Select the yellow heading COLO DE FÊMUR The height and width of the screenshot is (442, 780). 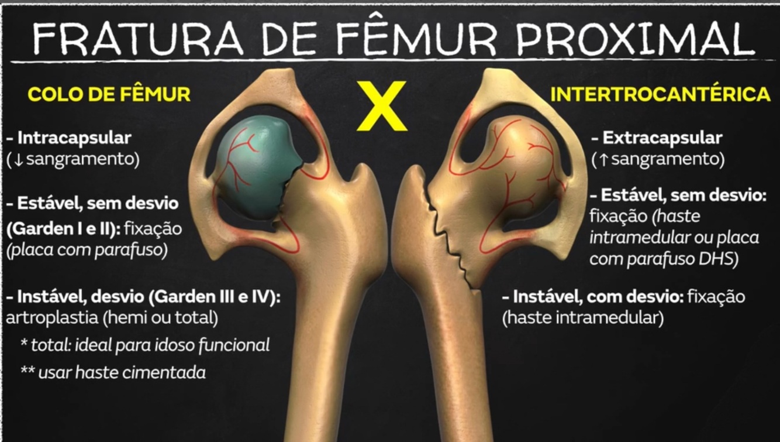tap(109, 94)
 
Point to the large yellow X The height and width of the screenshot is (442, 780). tap(382, 106)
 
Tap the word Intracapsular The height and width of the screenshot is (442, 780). tap(74, 138)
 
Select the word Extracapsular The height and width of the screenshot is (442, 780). tap(662, 138)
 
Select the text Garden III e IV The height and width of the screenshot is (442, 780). tap(213, 297)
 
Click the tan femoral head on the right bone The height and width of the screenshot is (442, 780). tap(515, 170)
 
